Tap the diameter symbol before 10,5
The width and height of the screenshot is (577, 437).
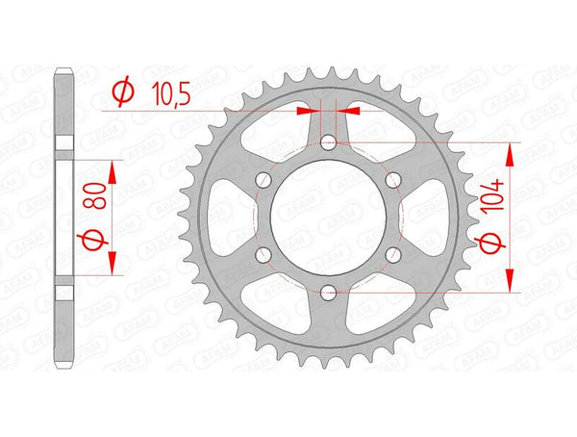123,91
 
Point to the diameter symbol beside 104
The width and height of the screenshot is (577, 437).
489,244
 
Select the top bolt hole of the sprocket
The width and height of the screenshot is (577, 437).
328,142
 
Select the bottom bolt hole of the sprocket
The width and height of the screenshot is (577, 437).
328,293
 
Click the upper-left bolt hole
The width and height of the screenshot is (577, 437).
263,180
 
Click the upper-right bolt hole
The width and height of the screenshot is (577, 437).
393,180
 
